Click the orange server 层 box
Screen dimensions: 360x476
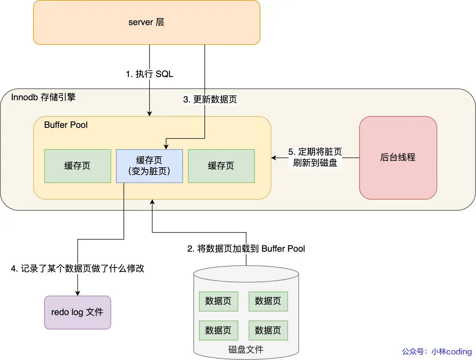[146, 22]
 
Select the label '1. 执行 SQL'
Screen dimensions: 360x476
[149, 74]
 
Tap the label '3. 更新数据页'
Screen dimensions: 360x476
[210, 99]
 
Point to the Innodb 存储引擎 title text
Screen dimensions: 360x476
[43, 97]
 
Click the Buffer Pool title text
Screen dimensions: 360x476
[66, 125]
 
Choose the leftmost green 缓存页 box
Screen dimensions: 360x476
[77, 166]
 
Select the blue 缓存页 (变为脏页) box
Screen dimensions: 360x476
[149, 166]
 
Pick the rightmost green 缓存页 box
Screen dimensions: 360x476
[221, 166]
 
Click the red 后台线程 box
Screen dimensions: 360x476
[398, 158]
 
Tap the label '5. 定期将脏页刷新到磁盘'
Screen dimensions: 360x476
[315, 157]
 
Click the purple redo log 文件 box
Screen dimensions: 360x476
[77, 312]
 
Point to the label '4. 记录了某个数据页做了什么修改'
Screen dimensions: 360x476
[77, 269]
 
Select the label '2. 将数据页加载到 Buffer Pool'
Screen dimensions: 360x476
[246, 249]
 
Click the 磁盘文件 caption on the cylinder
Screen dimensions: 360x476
[246, 349]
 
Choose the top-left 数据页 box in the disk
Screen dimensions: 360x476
[218, 301]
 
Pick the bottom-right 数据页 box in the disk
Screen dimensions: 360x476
[268, 330]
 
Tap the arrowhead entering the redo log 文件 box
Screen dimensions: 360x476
[77, 293]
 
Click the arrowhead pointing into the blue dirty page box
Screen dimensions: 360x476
[166, 147]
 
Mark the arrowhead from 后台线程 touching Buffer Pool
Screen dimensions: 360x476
[274, 158]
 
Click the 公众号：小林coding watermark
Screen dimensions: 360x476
[437, 352]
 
